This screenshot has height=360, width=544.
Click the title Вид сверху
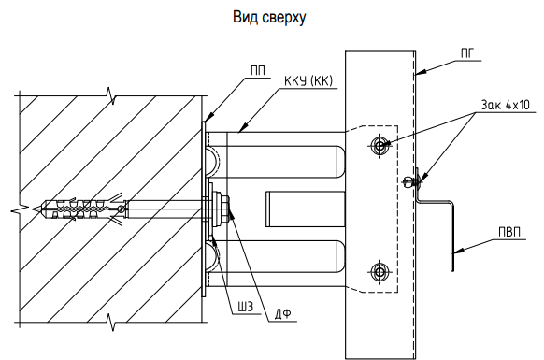click(x=269, y=17)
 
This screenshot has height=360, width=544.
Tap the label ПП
click(x=258, y=71)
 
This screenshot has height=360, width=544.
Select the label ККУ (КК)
click(x=308, y=81)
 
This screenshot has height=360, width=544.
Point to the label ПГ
click(x=468, y=53)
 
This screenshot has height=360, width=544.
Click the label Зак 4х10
click(x=506, y=105)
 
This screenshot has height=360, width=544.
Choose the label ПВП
click(x=509, y=232)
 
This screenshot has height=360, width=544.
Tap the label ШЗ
click(x=245, y=307)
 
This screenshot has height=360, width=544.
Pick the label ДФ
click(x=283, y=314)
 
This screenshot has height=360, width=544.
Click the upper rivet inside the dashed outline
click(x=379, y=145)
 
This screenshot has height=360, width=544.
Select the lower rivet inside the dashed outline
click(x=379, y=271)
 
